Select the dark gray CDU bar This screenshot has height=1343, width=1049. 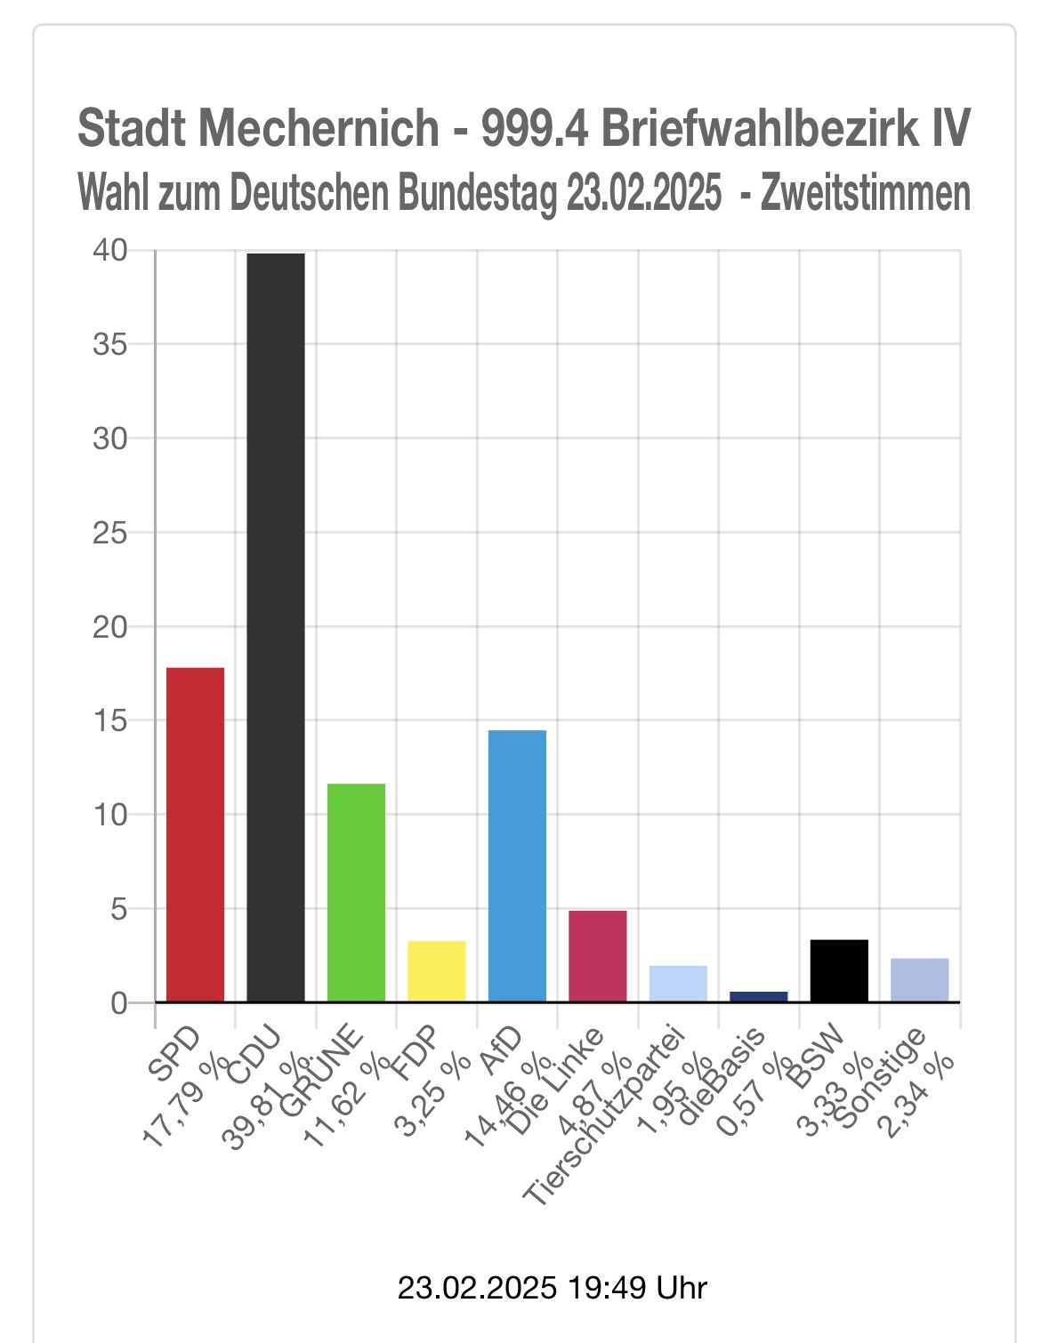[x=276, y=627]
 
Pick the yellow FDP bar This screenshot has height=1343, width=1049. [x=436, y=971]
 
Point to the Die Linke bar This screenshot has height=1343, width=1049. [x=597, y=956]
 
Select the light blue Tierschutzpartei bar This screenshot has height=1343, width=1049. [x=678, y=984]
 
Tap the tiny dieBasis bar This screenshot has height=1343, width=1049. [x=758, y=996]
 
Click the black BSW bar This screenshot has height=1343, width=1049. [x=839, y=970]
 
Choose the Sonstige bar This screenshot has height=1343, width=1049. [x=919, y=980]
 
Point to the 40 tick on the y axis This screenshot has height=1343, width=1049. [x=110, y=251]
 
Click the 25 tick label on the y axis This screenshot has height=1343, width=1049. [x=110, y=533]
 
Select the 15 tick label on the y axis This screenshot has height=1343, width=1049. [x=110, y=720]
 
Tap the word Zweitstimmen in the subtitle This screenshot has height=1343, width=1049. [x=865, y=193]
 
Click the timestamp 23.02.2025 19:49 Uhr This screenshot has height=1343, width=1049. [x=552, y=1287]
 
